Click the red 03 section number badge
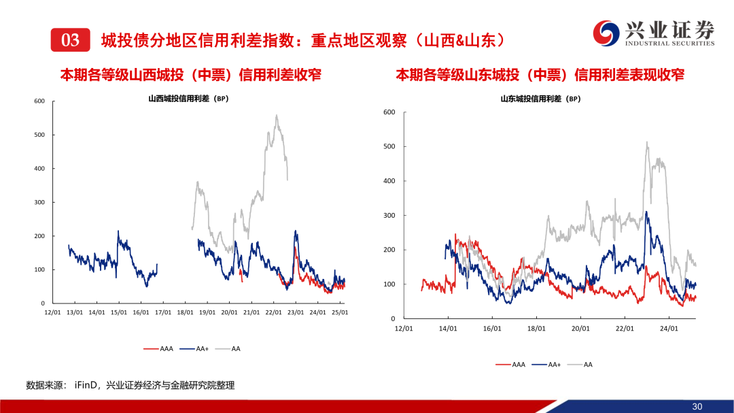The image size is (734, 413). (x=71, y=40)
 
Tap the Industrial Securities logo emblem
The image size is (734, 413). (x=604, y=33)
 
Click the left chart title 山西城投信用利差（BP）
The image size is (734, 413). (x=188, y=99)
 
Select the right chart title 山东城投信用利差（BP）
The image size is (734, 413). (x=540, y=99)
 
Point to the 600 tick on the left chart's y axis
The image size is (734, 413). (x=39, y=101)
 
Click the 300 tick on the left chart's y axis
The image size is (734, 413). (x=39, y=202)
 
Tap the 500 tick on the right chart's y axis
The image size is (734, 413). (x=389, y=146)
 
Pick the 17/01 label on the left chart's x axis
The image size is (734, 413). (x=163, y=312)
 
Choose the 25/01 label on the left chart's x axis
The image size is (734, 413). (x=339, y=312)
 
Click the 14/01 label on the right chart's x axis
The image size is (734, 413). (x=448, y=328)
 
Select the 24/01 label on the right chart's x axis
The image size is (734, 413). (x=669, y=328)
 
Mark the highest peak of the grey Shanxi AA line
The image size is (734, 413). (x=277, y=115)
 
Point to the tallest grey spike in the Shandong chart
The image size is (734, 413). (x=646, y=142)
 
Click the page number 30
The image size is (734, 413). (x=697, y=406)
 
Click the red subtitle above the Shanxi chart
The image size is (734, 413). (x=190, y=75)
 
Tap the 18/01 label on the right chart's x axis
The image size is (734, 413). (x=536, y=328)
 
